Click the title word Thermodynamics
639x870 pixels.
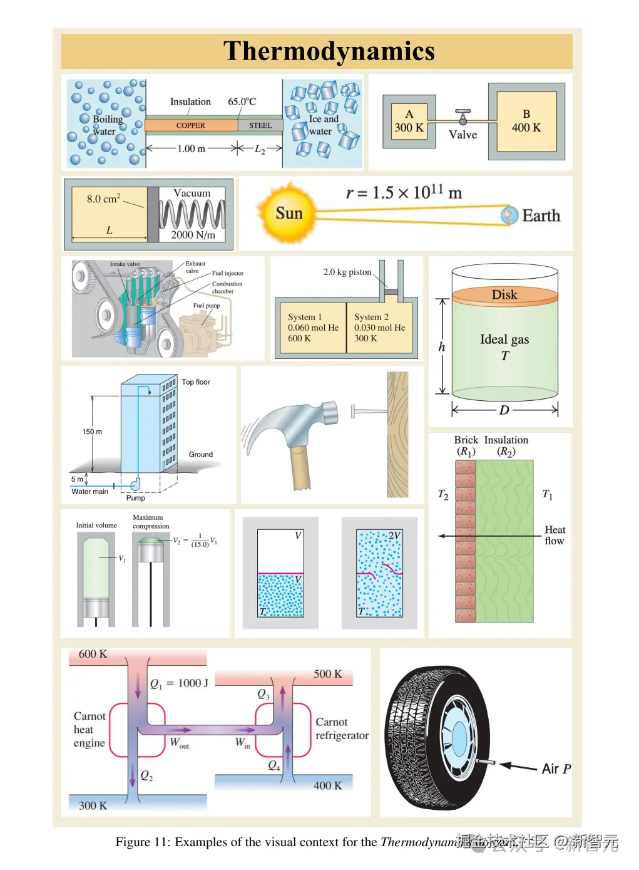(329, 51)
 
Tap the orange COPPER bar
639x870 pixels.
(191, 125)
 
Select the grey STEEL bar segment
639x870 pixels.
(260, 125)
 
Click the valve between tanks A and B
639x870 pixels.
(463, 116)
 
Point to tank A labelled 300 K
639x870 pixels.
(409, 122)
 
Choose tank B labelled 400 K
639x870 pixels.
(526, 122)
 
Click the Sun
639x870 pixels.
(289, 214)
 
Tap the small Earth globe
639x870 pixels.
(509, 215)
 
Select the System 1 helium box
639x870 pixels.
(311, 328)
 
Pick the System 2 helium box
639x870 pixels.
(379, 328)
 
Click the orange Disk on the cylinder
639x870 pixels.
(504, 294)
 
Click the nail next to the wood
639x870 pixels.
(367, 412)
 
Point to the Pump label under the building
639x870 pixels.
(136, 498)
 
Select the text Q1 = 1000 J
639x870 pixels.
(179, 683)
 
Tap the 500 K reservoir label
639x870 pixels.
(328, 674)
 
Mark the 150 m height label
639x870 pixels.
(92, 432)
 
